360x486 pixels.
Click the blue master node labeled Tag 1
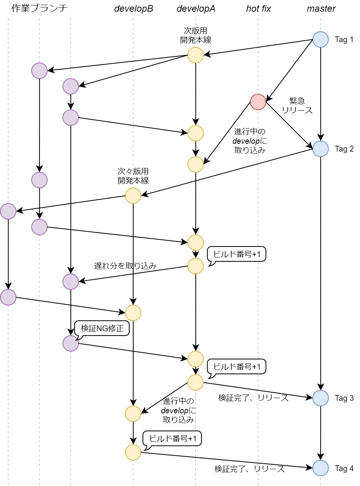pyautogui.click(x=320, y=39)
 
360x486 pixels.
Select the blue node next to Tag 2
pyautogui.click(x=320, y=149)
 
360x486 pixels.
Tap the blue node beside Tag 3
pyautogui.click(x=320, y=398)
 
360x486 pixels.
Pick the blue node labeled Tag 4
pyautogui.click(x=320, y=468)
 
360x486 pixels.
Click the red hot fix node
pyautogui.click(x=258, y=102)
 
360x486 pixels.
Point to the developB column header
pyautogui.click(x=133, y=9)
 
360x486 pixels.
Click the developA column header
pyautogui.click(x=196, y=9)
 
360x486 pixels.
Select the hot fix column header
pyautogui.click(x=258, y=9)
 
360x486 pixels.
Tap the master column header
pyautogui.click(x=321, y=9)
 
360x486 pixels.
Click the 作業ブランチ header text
pyautogui.click(x=39, y=8)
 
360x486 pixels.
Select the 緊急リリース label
pyautogui.click(x=297, y=105)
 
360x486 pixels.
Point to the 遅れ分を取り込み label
pyautogui.click(x=125, y=266)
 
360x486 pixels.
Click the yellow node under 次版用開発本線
pyautogui.click(x=195, y=55)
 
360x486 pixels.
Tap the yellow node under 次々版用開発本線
pyautogui.click(x=133, y=196)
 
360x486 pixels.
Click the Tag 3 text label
pyautogui.click(x=344, y=398)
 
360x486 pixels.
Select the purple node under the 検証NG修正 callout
pyautogui.click(x=70, y=343)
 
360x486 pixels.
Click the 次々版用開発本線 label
pyautogui.click(x=133, y=176)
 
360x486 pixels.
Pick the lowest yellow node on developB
pyautogui.click(x=133, y=452)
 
